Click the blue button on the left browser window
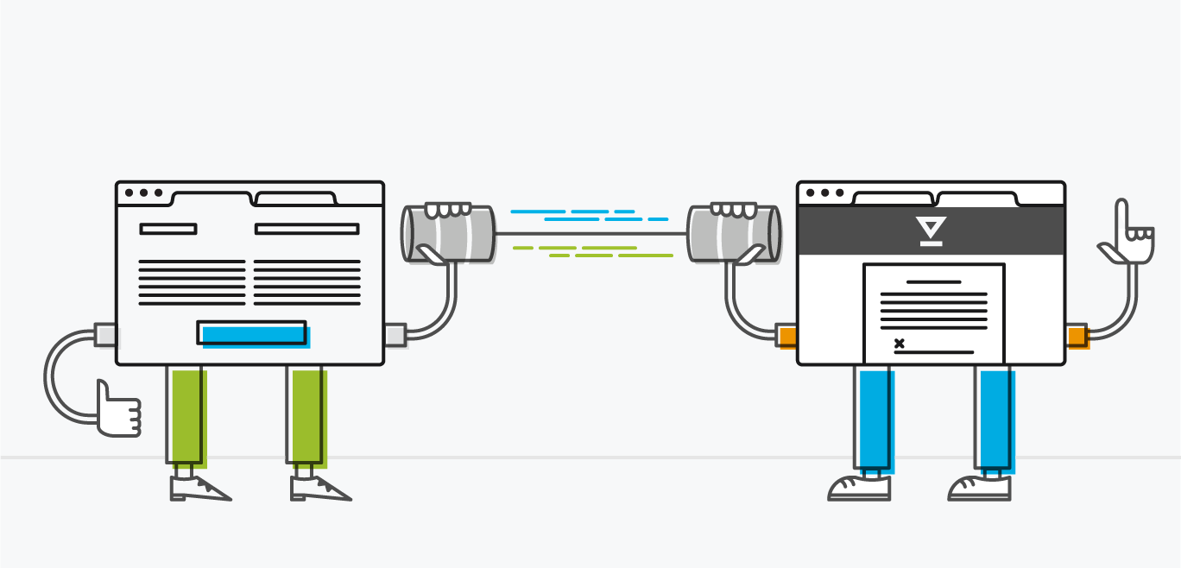(252, 333)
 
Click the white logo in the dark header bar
(931, 230)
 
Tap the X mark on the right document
(900, 344)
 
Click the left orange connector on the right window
(786, 335)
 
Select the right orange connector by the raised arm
(1077, 335)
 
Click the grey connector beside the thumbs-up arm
(105, 334)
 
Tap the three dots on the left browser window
(143, 193)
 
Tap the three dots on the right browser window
(824, 193)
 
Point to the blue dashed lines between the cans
(587, 215)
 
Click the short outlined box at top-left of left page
(168, 229)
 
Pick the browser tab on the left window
(295, 199)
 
